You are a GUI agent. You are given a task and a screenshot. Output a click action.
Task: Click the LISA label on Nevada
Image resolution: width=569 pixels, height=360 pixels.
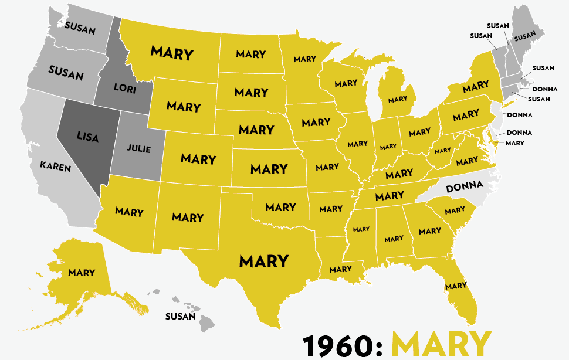(x=87, y=136)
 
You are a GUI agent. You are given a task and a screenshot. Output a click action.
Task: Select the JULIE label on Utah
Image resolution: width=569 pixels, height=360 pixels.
(x=138, y=149)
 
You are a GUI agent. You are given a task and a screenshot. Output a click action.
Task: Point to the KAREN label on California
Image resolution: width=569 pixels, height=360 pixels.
(x=55, y=167)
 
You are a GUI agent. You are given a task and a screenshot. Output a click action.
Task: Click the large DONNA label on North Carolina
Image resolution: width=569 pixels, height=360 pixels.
(x=465, y=189)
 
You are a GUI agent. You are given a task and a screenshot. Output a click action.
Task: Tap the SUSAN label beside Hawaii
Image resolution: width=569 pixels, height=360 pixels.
(x=180, y=317)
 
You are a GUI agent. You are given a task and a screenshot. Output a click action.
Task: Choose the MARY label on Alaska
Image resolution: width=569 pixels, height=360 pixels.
(x=81, y=272)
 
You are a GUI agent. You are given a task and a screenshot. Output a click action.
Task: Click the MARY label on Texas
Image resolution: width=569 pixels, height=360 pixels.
(x=264, y=260)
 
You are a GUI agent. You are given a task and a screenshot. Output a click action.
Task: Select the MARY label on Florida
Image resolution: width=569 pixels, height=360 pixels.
(x=456, y=286)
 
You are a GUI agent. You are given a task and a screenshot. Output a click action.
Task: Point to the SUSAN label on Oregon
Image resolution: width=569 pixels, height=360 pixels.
(x=66, y=74)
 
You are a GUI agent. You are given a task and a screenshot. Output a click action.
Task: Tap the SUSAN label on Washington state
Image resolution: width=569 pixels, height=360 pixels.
(x=80, y=27)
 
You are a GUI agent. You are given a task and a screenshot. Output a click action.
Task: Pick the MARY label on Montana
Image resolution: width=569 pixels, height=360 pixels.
(x=172, y=52)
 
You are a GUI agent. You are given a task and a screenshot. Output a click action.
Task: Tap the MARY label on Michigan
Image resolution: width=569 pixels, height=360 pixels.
(x=397, y=99)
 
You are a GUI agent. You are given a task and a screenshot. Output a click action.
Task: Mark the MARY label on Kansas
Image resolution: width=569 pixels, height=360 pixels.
(x=269, y=169)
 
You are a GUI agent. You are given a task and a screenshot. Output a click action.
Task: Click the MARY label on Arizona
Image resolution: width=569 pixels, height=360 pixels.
(x=129, y=212)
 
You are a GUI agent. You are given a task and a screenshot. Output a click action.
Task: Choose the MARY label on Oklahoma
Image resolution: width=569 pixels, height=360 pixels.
(x=280, y=207)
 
